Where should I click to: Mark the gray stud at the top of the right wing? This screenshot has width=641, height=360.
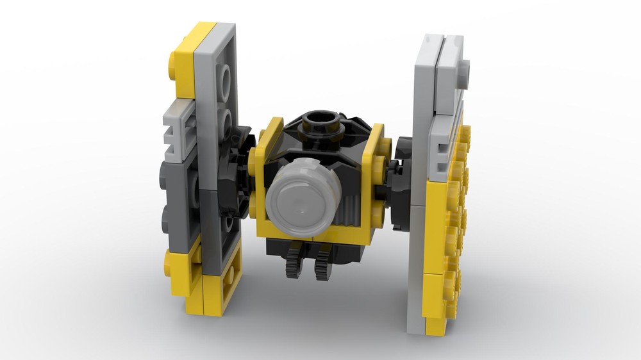pos(463,68)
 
